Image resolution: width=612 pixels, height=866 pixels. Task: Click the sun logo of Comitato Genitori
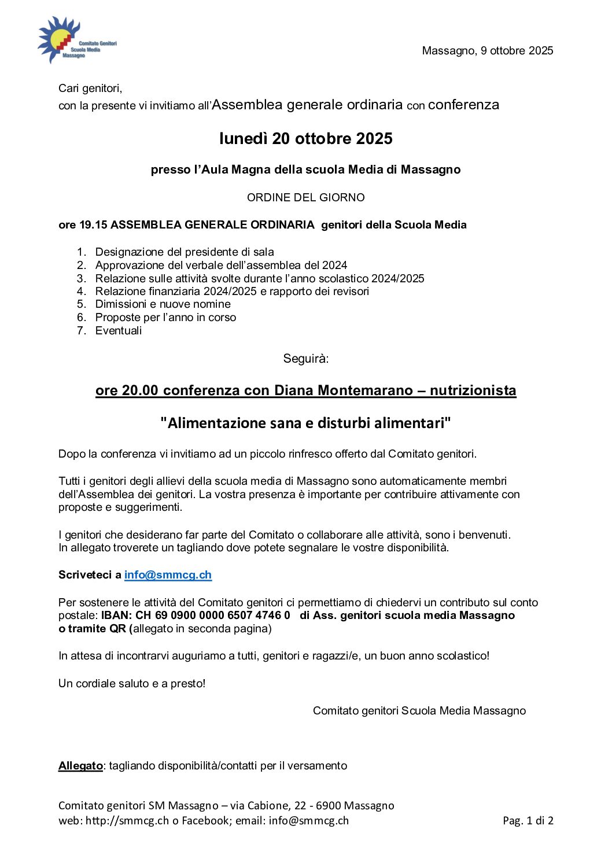click(x=58, y=39)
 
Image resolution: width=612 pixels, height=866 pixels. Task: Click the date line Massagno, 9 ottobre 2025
click(x=487, y=51)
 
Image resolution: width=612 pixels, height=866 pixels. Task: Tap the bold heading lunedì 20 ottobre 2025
click(x=305, y=139)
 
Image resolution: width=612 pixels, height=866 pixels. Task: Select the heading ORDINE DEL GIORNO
click(x=305, y=197)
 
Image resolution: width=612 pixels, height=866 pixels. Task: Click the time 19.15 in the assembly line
click(x=93, y=225)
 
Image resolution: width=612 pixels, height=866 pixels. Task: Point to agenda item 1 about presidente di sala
click(x=184, y=252)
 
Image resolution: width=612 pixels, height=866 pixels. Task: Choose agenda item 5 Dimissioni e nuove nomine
click(x=163, y=304)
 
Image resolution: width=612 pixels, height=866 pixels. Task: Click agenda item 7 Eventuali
click(x=118, y=331)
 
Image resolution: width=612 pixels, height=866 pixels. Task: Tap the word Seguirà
click(x=305, y=359)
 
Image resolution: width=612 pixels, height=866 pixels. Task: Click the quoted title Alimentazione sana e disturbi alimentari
click(x=305, y=423)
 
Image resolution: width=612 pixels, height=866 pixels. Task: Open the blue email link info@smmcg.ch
click(x=168, y=575)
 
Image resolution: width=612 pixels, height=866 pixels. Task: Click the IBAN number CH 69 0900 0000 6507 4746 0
click(x=213, y=616)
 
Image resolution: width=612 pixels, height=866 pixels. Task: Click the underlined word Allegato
click(x=80, y=766)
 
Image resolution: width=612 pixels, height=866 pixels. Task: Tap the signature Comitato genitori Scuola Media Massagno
click(x=419, y=711)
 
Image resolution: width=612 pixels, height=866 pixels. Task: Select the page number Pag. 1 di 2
click(x=528, y=821)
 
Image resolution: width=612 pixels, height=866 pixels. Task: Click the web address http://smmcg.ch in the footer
click(x=127, y=821)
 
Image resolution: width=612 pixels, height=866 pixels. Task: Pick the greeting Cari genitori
click(x=90, y=89)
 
